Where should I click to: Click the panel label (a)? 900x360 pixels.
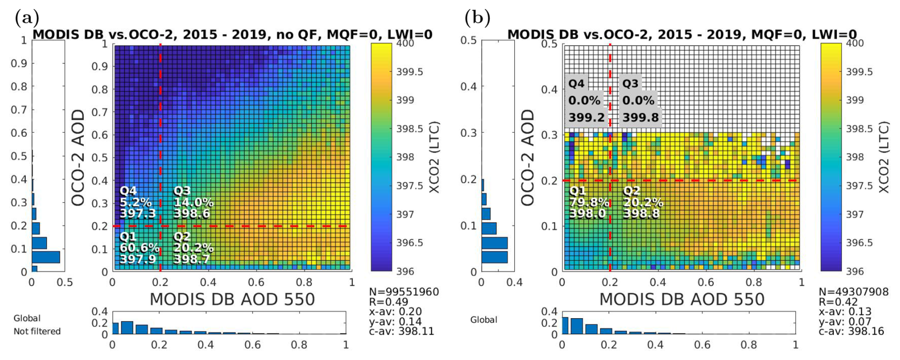click(x=27, y=18)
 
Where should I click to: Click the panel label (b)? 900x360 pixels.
click(x=477, y=18)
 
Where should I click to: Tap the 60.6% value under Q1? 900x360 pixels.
click(x=139, y=248)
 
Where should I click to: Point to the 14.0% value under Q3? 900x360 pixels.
click(x=193, y=202)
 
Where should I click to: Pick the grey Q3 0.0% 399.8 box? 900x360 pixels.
click(x=640, y=100)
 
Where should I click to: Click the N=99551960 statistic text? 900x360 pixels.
click(x=404, y=292)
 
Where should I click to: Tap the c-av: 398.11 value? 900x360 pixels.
click(x=401, y=331)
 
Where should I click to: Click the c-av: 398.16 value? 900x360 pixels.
click(x=851, y=331)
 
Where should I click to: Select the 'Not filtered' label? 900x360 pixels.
click(x=37, y=331)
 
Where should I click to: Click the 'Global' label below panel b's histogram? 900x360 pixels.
click(x=484, y=320)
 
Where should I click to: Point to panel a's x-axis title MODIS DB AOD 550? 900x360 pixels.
click(x=232, y=299)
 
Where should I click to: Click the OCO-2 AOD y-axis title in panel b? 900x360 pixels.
click(x=528, y=157)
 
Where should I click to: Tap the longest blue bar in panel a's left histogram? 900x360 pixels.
click(x=46, y=257)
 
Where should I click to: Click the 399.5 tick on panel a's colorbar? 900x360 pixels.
click(x=410, y=72)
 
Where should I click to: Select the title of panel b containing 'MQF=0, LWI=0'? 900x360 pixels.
click(x=682, y=34)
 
